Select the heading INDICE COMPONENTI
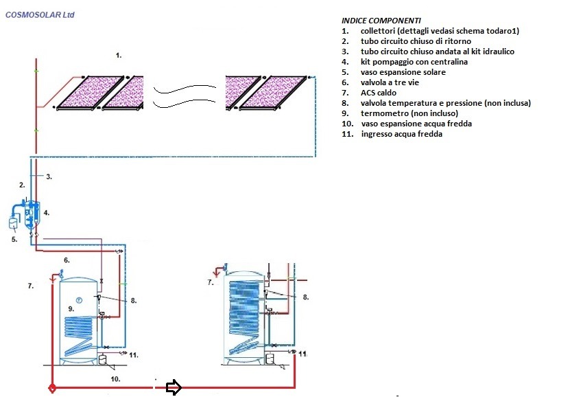[382, 21]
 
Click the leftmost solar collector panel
[89, 92]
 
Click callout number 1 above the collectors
[119, 54]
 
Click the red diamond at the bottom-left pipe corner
[52, 388]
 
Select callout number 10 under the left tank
[115, 378]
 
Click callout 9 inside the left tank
[71, 309]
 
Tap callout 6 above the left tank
[67, 260]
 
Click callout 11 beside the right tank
[302, 353]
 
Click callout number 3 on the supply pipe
[49, 177]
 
